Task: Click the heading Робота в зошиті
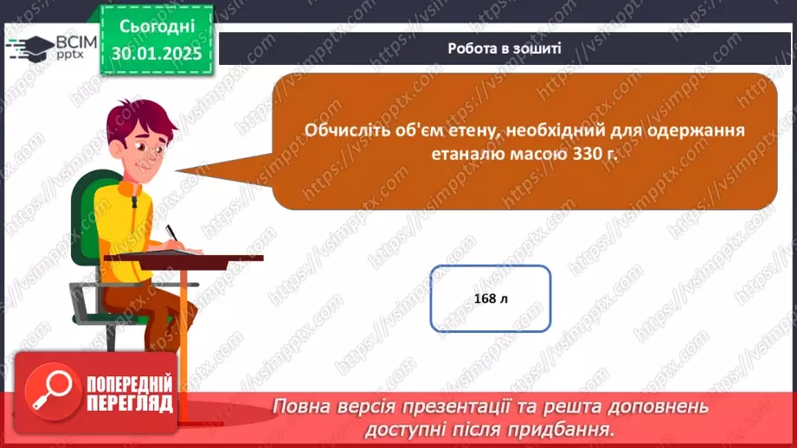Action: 505,48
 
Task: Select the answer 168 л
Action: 491,298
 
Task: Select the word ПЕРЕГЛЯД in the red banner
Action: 130,404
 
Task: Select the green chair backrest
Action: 87,216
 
